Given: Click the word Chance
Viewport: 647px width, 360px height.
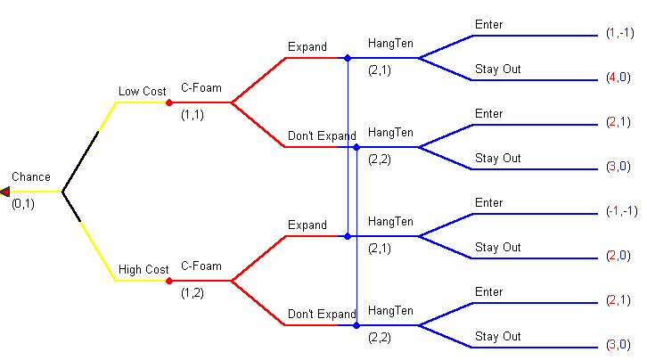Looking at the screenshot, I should click(x=31, y=177).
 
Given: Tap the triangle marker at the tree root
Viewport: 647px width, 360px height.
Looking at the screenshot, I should click(x=5, y=192).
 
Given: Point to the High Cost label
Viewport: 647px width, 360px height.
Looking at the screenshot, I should click(x=143, y=270).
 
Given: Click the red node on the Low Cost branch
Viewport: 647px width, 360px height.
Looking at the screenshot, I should click(x=169, y=102).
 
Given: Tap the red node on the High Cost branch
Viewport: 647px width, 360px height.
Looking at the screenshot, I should click(x=169, y=281).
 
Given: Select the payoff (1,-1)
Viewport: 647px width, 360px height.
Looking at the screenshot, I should click(x=619, y=33).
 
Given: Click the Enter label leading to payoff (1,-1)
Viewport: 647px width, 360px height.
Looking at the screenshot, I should click(x=488, y=25).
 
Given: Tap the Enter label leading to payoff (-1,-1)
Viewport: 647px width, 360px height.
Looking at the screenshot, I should click(x=488, y=203).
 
